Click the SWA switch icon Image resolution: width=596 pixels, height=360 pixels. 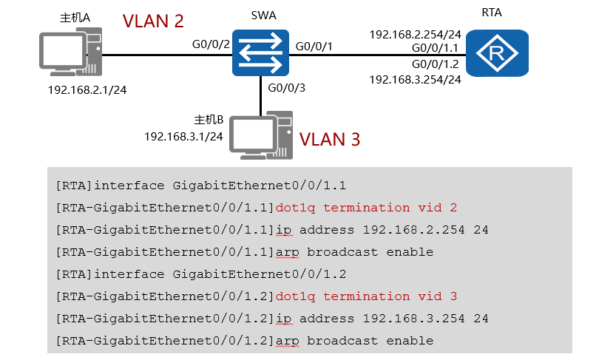pos(260,52)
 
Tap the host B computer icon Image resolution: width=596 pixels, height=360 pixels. pos(262,137)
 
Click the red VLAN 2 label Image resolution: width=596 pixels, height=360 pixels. pos(153,21)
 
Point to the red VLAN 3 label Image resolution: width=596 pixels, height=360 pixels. pos(330,139)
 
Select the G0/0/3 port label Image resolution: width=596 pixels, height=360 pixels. pos(286,88)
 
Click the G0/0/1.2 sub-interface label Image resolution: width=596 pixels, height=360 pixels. pos(436,64)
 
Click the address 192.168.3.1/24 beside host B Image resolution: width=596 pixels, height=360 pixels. pos(183,136)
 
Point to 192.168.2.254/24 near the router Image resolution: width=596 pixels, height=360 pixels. pos(415,34)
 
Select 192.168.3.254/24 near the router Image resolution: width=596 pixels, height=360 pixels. pos(415,78)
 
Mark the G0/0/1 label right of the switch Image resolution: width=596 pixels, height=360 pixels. pos(314,47)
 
